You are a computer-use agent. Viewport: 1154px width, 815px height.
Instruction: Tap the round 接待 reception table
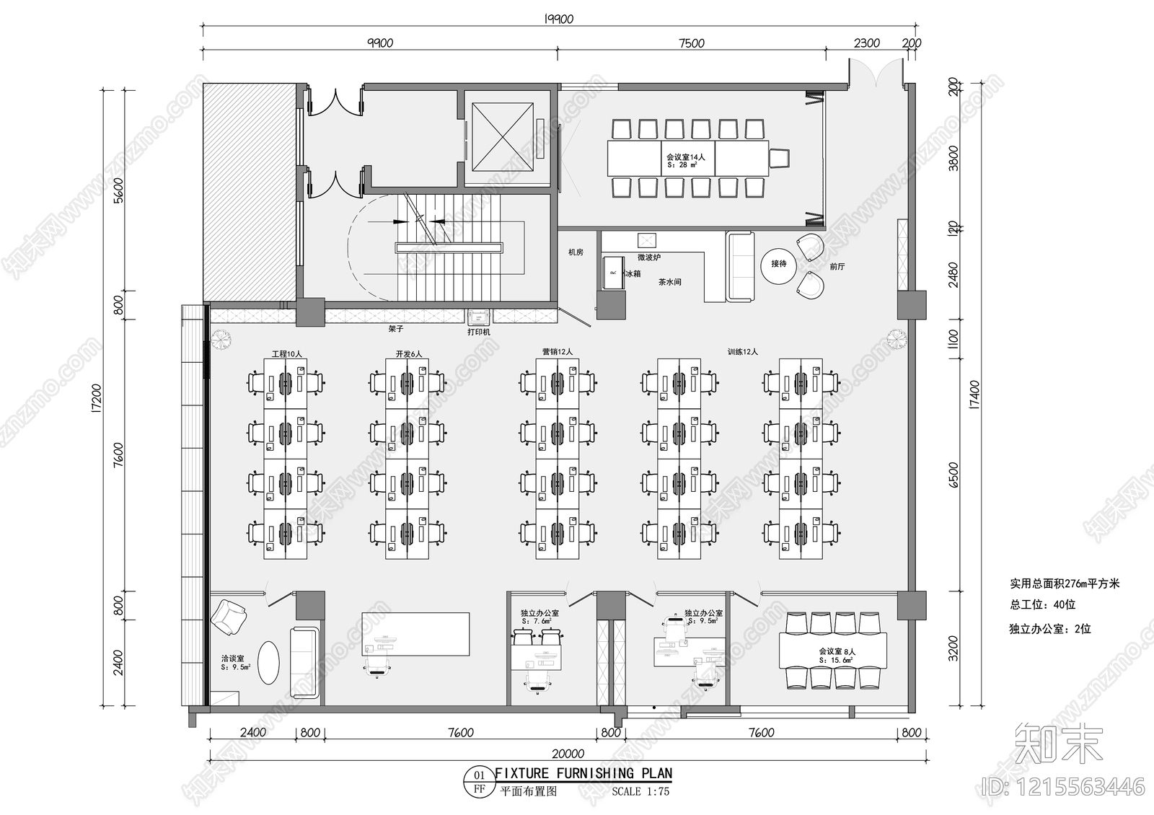(x=778, y=264)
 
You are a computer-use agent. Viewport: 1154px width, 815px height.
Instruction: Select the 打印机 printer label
(x=478, y=332)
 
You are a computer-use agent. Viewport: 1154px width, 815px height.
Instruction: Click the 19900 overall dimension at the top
(x=558, y=19)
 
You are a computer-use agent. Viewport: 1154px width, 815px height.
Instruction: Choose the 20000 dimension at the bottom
(x=568, y=754)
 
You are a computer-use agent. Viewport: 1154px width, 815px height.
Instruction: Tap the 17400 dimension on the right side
(x=974, y=395)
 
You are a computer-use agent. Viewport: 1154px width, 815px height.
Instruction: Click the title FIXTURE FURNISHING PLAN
(x=583, y=773)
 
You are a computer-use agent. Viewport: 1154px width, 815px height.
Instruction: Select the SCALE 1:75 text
(x=640, y=791)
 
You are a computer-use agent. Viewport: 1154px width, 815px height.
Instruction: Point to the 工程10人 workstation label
(x=286, y=354)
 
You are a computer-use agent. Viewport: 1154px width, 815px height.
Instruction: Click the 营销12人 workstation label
(x=557, y=352)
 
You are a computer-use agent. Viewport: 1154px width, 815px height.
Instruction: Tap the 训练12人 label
(x=742, y=352)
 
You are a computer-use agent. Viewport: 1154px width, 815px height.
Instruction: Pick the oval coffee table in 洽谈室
(x=268, y=662)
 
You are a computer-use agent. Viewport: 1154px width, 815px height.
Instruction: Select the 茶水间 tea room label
(x=669, y=282)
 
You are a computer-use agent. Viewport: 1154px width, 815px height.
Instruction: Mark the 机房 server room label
(x=576, y=252)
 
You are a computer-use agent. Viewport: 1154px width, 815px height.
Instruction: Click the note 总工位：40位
(x=1042, y=605)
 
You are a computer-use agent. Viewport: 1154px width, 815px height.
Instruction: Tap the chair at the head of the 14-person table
(x=779, y=158)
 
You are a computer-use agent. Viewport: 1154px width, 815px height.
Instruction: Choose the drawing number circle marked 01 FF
(x=478, y=782)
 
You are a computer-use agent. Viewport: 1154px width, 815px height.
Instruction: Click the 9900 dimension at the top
(x=380, y=43)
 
